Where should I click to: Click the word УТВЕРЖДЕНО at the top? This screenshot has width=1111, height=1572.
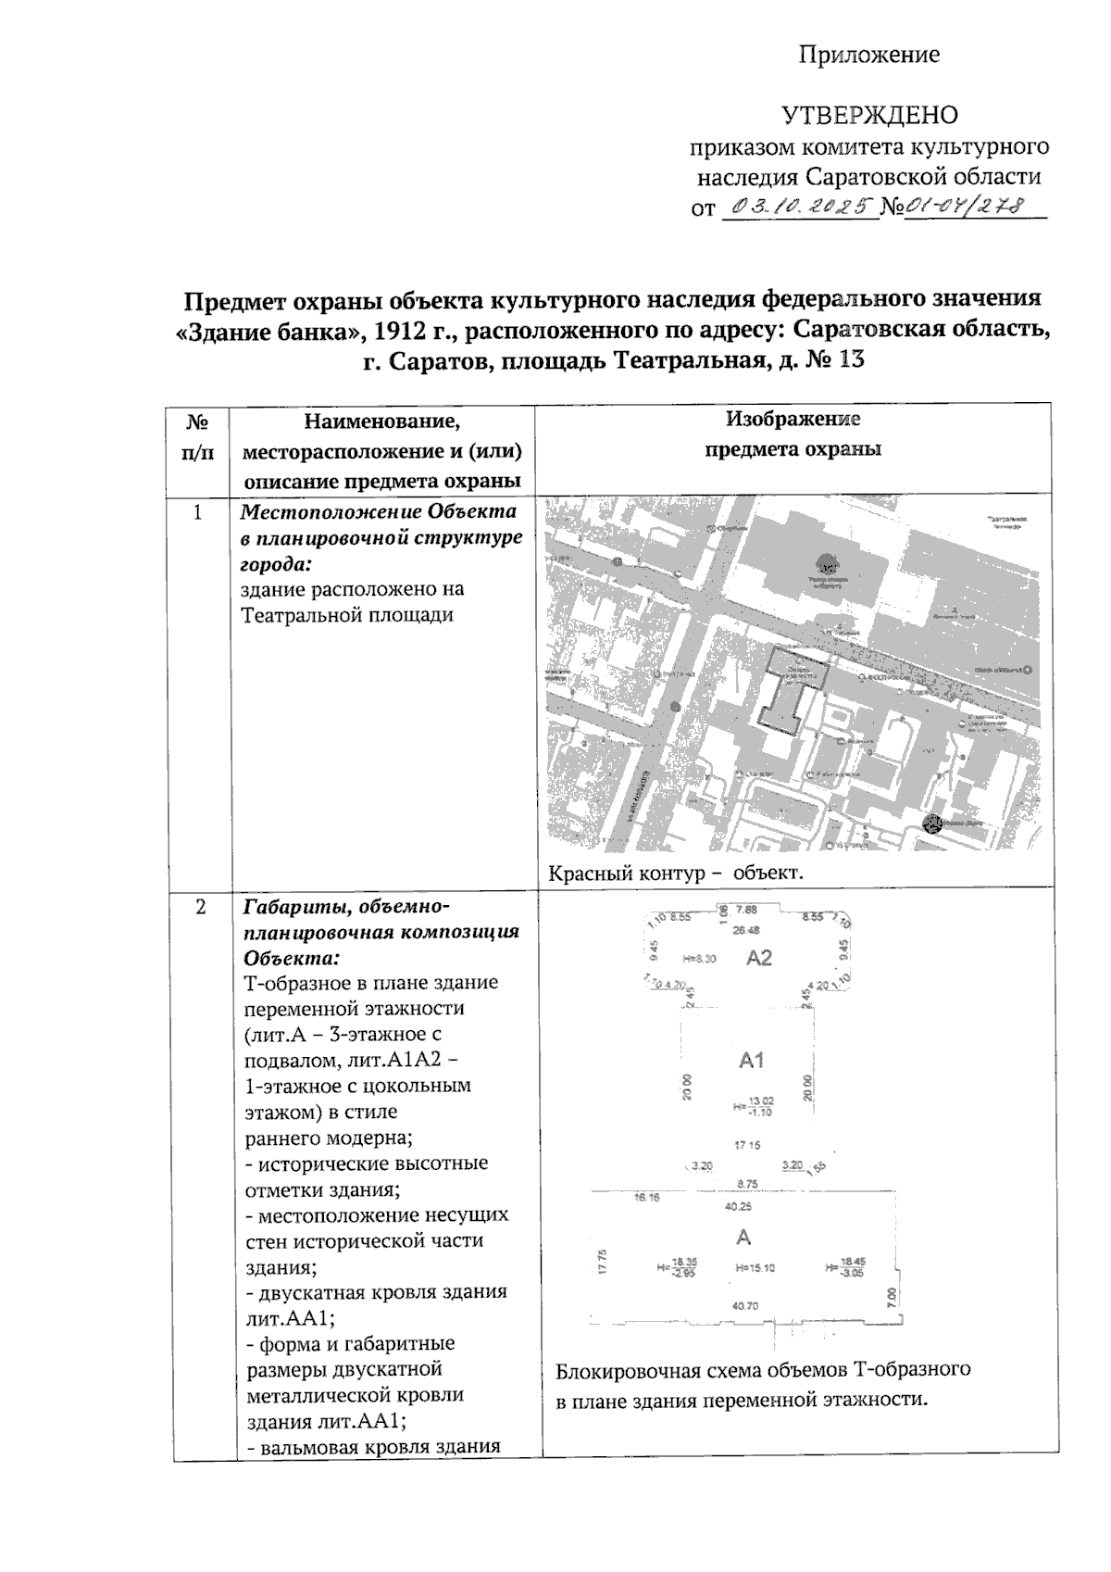pos(870,116)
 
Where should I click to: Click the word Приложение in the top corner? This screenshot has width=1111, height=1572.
pos(869,55)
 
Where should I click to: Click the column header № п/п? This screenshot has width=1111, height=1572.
pos(196,437)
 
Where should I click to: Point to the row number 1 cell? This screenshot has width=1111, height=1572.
pos(196,511)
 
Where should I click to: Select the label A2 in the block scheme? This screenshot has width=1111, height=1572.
pos(758,958)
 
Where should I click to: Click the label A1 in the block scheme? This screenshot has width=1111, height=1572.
pos(751,1061)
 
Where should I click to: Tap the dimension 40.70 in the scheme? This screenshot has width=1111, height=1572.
pos(744,1306)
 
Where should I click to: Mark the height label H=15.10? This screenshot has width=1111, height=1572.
pos(755,1267)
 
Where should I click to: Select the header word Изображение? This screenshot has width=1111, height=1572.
pos(793,419)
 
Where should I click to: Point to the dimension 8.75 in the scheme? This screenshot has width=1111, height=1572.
pos(746,1183)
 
